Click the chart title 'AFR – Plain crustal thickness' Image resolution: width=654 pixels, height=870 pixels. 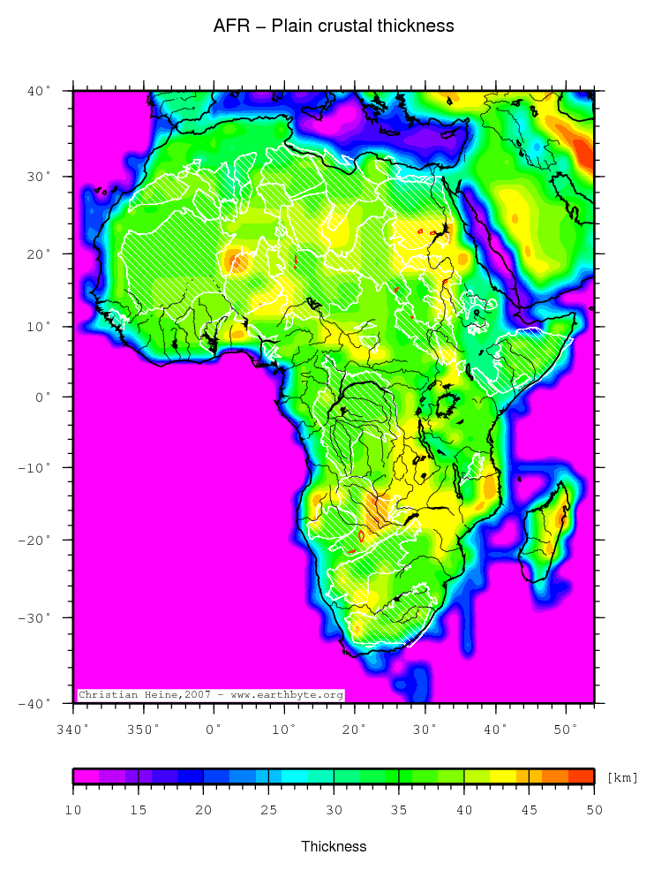click(x=334, y=26)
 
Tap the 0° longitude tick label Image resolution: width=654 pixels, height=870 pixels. click(x=214, y=730)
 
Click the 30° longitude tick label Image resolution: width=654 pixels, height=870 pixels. click(x=425, y=730)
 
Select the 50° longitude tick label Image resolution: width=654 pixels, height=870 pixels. click(x=566, y=730)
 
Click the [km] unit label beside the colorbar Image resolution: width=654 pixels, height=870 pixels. click(x=622, y=777)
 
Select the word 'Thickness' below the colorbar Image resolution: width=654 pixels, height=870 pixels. click(x=334, y=846)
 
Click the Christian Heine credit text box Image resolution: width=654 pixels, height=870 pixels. click(x=210, y=695)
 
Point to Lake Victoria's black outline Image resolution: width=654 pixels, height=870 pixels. click(x=447, y=405)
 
